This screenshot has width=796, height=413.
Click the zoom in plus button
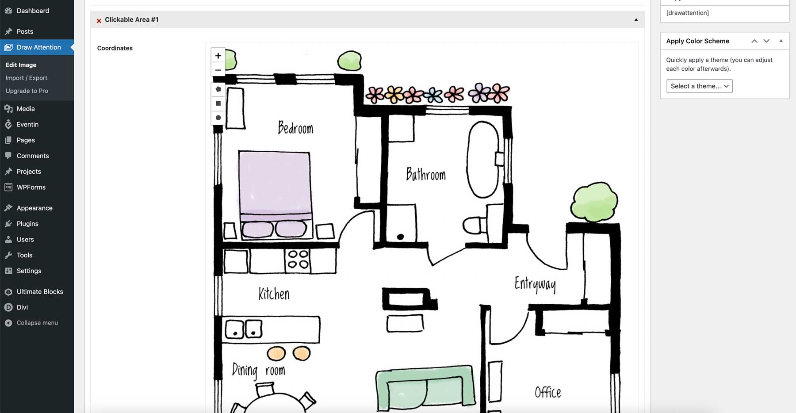click(218, 56)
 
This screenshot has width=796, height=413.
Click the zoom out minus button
click(218, 70)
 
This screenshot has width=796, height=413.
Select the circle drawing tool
click(218, 118)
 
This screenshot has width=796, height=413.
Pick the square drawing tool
click(218, 103)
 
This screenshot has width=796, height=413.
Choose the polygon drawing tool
click(218, 89)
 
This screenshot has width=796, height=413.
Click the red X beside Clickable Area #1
click(99, 20)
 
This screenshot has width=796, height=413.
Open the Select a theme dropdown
click(699, 86)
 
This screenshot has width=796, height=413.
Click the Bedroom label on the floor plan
click(295, 128)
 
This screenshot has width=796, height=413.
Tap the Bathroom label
click(425, 174)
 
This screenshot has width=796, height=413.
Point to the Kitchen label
click(274, 294)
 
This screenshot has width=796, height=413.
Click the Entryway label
click(535, 284)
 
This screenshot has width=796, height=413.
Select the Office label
click(547, 392)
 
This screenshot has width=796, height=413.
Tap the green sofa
click(425, 387)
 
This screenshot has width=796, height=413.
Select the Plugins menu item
click(27, 224)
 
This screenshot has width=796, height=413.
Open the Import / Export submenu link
click(27, 78)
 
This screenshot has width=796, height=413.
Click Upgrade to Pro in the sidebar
click(27, 91)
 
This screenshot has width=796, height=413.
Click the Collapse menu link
click(37, 323)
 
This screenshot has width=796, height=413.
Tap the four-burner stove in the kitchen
click(298, 260)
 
